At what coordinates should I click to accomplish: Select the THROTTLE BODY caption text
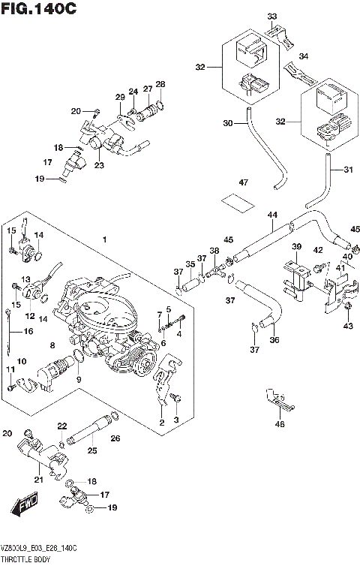tap(25, 560)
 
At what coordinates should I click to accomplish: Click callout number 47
tap(242, 182)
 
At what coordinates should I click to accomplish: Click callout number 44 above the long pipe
tap(271, 215)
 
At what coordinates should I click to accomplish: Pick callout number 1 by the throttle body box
tap(105, 239)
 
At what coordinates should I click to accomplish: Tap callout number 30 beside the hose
tap(227, 123)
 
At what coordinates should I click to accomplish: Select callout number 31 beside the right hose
tap(346, 169)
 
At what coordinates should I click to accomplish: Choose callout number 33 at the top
tap(271, 15)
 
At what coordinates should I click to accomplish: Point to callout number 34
tap(304, 56)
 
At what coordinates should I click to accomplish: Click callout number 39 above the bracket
tap(296, 247)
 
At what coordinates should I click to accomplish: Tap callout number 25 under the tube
tap(92, 451)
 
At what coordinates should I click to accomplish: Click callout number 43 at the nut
tap(346, 325)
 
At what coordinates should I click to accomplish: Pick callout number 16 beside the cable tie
tap(29, 331)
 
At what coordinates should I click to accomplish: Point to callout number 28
tap(160, 83)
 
